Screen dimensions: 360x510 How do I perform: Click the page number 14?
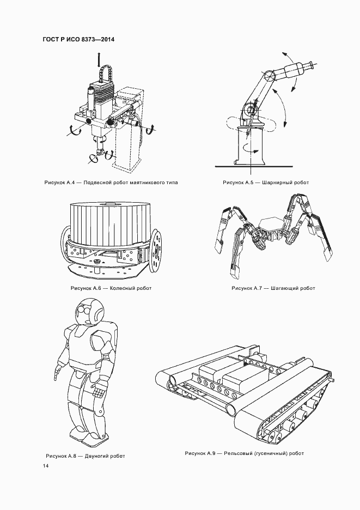point(46,466)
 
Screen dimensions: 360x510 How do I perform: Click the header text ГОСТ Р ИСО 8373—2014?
point(78,40)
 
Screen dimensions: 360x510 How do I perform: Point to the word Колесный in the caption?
point(121,288)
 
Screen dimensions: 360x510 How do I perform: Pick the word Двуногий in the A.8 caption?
point(96,456)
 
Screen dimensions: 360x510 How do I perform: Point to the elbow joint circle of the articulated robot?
point(270,76)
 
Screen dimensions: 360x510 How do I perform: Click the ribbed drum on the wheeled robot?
point(109,224)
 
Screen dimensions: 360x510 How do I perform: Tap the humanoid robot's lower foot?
point(94,440)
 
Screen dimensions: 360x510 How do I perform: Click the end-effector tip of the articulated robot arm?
point(312,64)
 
